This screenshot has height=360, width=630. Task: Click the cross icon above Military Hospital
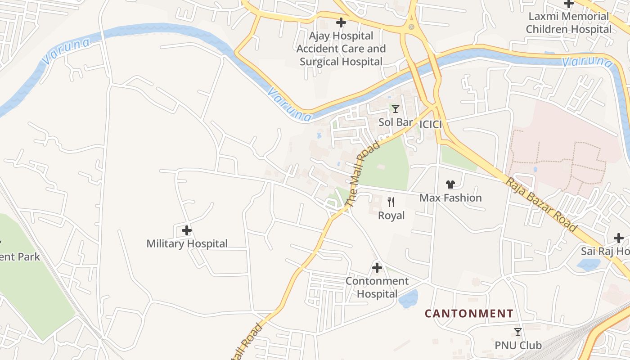pos(187,231)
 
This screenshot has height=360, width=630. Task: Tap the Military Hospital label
pos(187,244)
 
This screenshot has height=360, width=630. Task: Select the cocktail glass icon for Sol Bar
pos(396,109)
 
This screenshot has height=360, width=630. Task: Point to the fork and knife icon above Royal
pos(391,202)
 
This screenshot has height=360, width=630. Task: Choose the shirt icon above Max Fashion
pos(450,184)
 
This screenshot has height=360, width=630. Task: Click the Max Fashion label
pos(450,198)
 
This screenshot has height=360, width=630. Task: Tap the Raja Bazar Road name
pos(542,205)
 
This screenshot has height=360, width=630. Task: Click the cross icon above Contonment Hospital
pos(377,268)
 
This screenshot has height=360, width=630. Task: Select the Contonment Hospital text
pos(377,288)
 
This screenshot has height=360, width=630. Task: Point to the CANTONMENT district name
pos(469,314)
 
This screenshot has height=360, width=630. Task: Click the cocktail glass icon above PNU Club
pos(518,332)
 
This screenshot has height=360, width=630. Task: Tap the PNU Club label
pos(518,346)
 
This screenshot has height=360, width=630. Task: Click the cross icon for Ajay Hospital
pos(341,22)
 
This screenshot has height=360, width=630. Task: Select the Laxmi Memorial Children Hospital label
pos(569,23)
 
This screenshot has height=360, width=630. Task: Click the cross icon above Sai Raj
pos(619,238)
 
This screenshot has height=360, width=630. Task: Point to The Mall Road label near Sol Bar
pos(363,174)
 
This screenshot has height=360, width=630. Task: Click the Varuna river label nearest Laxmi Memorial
pos(587,61)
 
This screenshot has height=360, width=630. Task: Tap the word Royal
pos(391,216)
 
